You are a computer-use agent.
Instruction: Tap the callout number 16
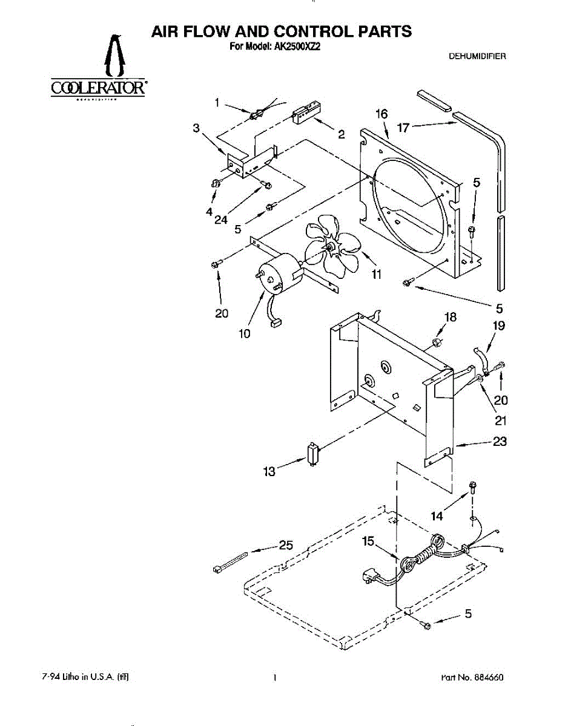click(381, 114)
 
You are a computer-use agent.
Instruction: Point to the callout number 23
click(499, 442)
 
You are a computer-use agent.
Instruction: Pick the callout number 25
click(285, 545)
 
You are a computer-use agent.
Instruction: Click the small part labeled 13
click(312, 454)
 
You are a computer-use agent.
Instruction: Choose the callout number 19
click(498, 326)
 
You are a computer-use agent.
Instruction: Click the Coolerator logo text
click(97, 88)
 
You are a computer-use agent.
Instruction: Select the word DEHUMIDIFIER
click(477, 56)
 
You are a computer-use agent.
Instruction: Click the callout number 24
click(220, 220)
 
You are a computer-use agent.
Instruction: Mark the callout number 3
click(196, 128)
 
